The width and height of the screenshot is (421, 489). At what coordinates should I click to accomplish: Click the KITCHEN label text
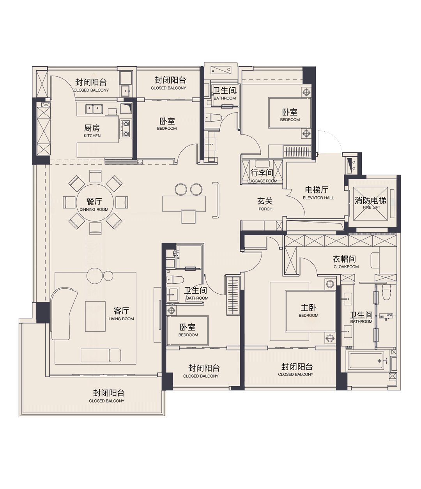point(92,136)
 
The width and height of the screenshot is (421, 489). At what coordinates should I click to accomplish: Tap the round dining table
point(95,203)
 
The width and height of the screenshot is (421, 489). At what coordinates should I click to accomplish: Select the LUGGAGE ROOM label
point(262,181)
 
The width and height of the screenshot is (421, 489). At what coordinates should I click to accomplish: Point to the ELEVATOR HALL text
point(318,198)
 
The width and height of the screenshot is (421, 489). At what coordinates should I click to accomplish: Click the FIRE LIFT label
point(371,207)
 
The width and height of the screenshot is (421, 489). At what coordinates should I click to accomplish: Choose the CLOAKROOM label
point(346,267)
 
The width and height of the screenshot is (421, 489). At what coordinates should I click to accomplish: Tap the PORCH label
point(265,209)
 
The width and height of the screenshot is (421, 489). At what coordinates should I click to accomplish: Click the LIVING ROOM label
point(121,319)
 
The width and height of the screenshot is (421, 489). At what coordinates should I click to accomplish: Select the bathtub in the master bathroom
point(366,361)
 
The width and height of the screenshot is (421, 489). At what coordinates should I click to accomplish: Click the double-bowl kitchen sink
point(94,109)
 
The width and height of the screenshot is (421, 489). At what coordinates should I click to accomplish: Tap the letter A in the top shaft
point(213,71)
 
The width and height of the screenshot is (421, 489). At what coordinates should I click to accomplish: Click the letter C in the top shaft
point(228,69)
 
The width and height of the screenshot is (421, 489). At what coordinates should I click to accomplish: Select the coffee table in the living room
point(96,316)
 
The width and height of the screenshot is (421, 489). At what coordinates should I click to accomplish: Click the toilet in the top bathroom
point(213,118)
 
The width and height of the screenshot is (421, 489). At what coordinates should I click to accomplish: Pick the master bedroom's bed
point(310,311)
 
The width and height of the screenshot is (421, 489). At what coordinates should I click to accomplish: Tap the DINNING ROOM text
point(94,210)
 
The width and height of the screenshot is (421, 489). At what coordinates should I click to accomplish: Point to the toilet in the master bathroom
point(386,292)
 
